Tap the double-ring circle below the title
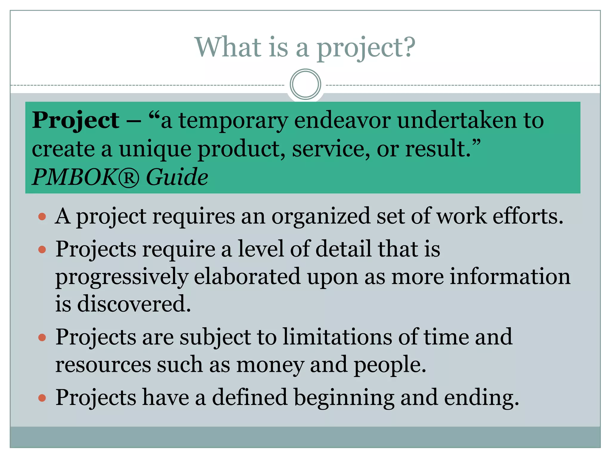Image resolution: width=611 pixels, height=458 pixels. pos(305,84)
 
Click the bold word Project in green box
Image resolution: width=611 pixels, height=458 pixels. pos(75,120)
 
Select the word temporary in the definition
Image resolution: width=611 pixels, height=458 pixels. pos(233,121)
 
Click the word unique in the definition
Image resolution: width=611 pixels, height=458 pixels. pos(155,149)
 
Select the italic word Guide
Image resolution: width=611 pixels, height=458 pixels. pos(177,177)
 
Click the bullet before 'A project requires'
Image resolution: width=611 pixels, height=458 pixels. pos(42,216)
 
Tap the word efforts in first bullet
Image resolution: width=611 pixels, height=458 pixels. pos(527,216)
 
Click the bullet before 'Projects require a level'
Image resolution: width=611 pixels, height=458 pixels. pos(42,249)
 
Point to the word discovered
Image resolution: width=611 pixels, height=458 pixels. pos(134,304)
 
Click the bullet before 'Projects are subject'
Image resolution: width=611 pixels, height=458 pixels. pos(42,337)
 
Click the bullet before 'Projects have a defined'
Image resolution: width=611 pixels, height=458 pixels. pos(42,397)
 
